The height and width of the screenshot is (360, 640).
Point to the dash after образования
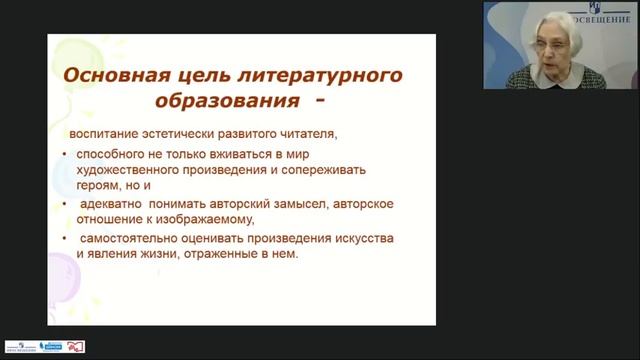(321, 102)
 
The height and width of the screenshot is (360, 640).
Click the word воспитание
(104, 134)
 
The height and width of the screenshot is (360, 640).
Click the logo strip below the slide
(44, 346)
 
